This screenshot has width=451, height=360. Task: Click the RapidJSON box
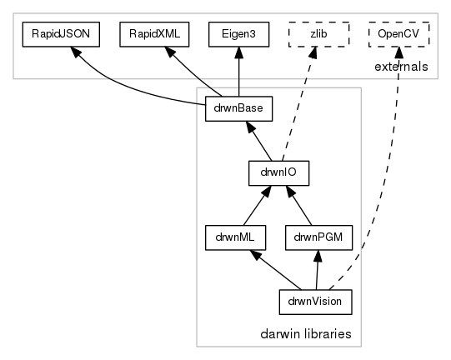click(61, 34)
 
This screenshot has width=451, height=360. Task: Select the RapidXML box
click(154, 34)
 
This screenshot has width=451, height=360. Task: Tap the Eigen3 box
click(238, 34)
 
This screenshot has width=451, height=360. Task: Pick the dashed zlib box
click(318, 34)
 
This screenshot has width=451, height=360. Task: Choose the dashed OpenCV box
click(398, 34)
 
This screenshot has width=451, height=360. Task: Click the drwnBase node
click(238, 108)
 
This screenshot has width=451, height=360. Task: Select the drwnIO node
click(278, 173)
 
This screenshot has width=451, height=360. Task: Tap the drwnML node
click(235, 237)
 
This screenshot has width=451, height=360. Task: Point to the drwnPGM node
click(318, 237)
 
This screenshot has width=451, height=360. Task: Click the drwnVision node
click(315, 302)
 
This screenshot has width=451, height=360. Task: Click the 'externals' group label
click(401, 67)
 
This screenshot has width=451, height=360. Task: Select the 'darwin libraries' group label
click(306, 334)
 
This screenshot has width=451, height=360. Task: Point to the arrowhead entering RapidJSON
click(76, 52)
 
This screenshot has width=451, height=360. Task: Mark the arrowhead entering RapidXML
click(170, 52)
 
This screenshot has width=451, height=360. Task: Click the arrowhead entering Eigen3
click(238, 52)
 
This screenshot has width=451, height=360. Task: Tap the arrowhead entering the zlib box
click(313, 52)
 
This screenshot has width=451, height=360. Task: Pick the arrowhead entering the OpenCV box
click(398, 52)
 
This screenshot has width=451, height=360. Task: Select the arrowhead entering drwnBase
click(250, 127)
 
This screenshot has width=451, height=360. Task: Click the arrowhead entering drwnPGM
click(318, 256)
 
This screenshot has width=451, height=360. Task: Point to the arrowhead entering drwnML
click(255, 255)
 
